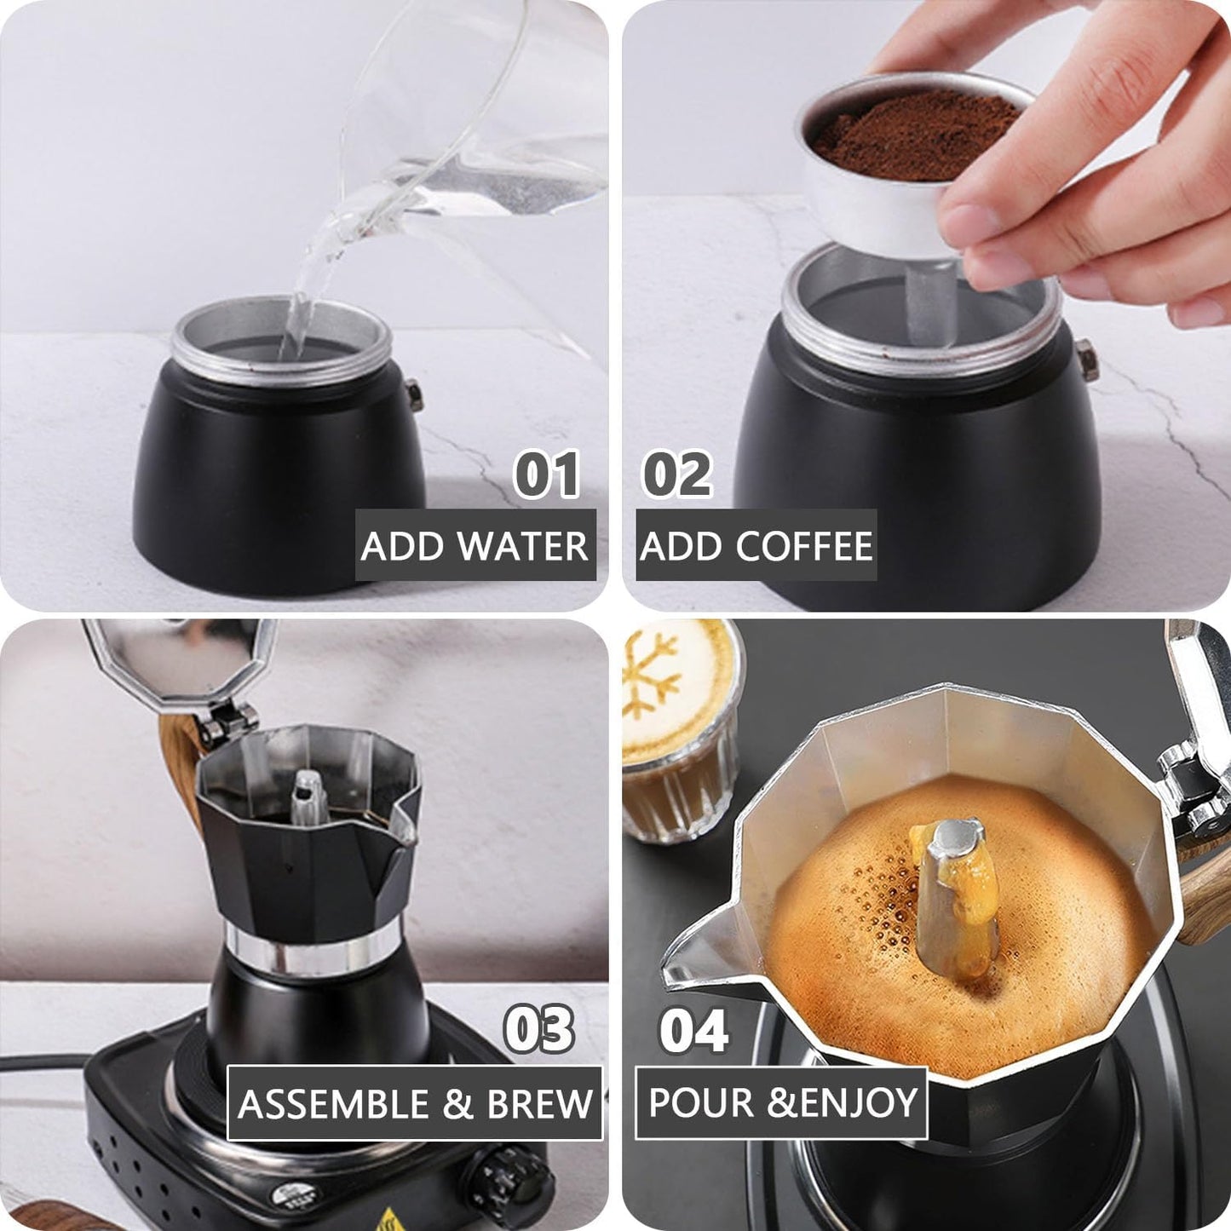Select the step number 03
pos(539,1029)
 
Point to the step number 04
pos(694,1031)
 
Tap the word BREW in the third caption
pos(539,1104)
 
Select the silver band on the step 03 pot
pos(312,953)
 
